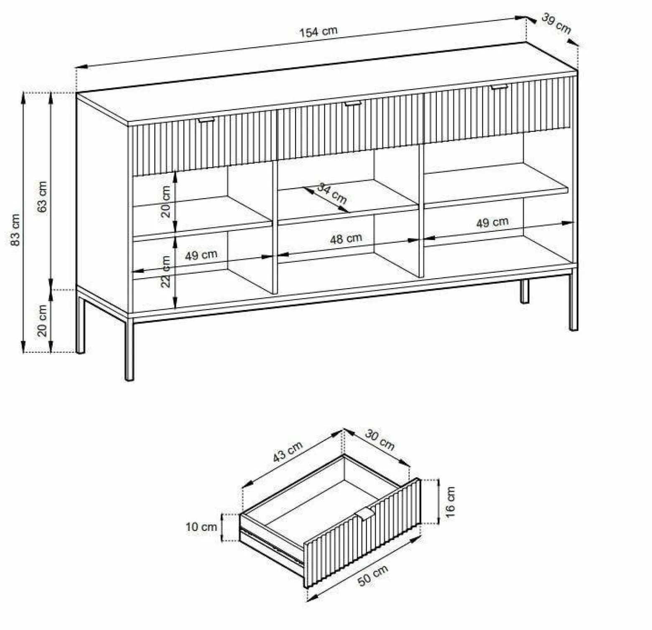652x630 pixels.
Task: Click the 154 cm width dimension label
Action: pos(318,32)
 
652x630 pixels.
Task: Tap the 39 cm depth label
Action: pos(556,23)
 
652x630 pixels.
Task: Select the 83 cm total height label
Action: pos(15,230)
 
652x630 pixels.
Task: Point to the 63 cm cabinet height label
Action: pos(42,197)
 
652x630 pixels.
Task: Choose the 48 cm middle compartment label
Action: pos(346,239)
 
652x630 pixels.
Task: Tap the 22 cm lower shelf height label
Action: pos(166,271)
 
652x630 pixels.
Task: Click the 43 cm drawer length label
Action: pos(288,452)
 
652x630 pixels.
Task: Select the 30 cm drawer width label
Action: pos(380,440)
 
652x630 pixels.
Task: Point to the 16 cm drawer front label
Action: pos(450,502)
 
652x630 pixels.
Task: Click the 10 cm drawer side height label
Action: pos(201,527)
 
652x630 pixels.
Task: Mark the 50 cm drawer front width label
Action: pos(373,575)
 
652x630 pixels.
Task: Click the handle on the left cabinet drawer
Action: pos(206,120)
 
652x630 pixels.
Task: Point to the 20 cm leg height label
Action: pos(42,320)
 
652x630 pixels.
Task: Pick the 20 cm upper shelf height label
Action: pos(166,202)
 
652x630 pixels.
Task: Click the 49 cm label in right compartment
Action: pos(492,223)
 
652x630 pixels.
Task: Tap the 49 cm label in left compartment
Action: pos(201,255)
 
